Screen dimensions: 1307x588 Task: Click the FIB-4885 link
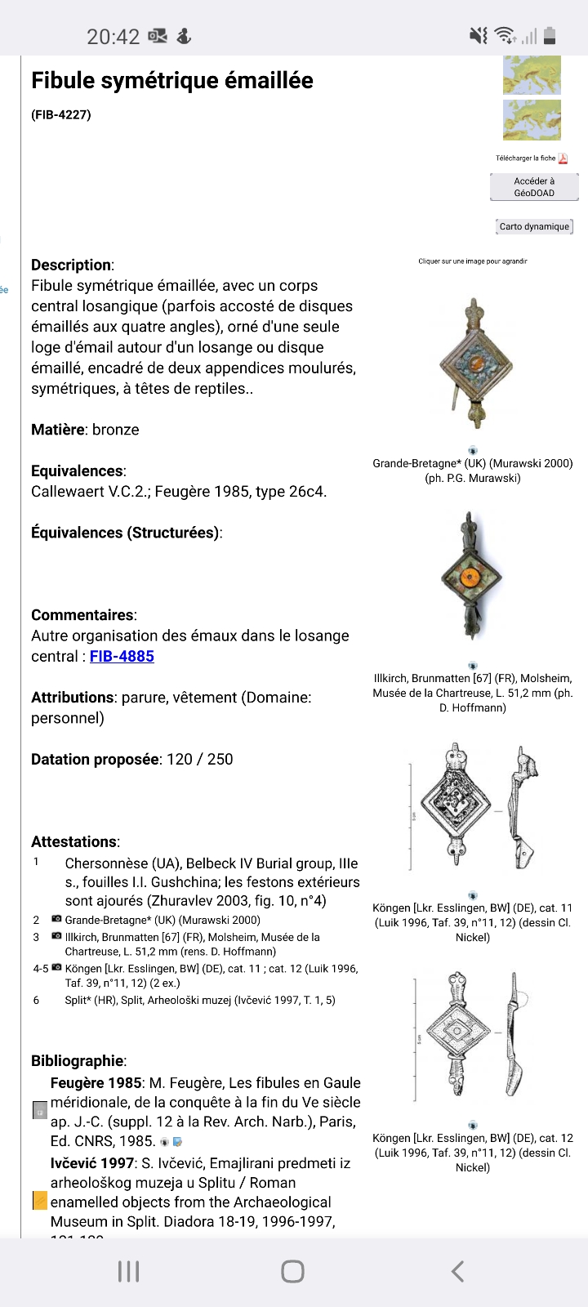122,656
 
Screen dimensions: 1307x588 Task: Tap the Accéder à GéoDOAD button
534,187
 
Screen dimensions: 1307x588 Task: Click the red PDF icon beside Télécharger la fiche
563,158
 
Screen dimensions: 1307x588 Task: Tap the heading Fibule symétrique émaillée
172,80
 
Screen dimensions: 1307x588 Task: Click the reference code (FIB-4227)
61,114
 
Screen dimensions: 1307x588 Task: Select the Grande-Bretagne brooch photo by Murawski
473,364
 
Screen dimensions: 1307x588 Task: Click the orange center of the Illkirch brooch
470,578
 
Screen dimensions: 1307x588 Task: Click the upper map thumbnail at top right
532,75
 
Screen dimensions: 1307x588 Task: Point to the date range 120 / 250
199,759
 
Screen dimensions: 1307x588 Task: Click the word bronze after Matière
115,430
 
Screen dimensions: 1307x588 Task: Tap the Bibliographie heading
78,1061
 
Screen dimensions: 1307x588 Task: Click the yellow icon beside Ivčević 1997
39,1201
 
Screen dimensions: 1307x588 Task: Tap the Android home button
292,1271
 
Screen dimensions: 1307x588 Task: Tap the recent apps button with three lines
129,1271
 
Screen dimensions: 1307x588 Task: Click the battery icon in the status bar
550,35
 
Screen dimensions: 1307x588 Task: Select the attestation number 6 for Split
36,1000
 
